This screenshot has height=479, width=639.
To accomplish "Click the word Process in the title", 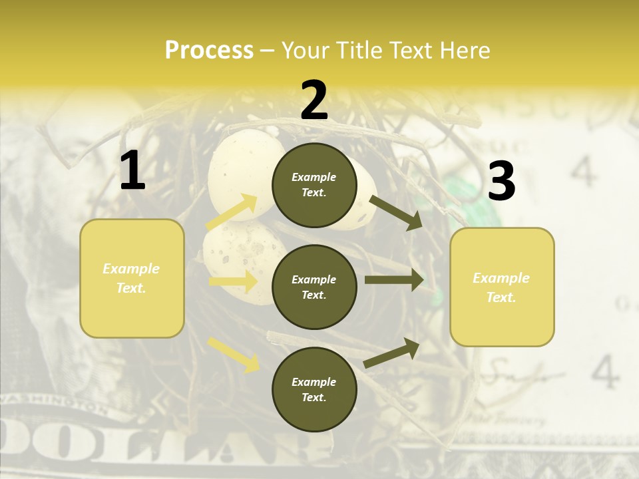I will click(209, 51).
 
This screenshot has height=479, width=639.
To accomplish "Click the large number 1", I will click(132, 171).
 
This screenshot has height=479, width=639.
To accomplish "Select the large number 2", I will click(314, 100).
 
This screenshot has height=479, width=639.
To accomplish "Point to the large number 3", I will click(501, 181).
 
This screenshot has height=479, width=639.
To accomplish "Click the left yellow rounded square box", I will click(132, 278).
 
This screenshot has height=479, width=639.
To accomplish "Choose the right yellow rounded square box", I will click(502, 287).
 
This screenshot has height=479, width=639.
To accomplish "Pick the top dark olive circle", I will click(314, 185).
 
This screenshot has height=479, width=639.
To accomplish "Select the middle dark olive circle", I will click(314, 287).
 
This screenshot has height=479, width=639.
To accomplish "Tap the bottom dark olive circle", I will click(314, 389).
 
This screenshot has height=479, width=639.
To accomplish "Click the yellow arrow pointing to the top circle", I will click(232, 212).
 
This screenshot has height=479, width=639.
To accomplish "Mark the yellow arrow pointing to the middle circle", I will click(233, 281).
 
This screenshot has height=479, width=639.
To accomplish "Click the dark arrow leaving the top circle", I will click(395, 212).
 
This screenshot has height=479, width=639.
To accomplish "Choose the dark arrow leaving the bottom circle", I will click(392, 353).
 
